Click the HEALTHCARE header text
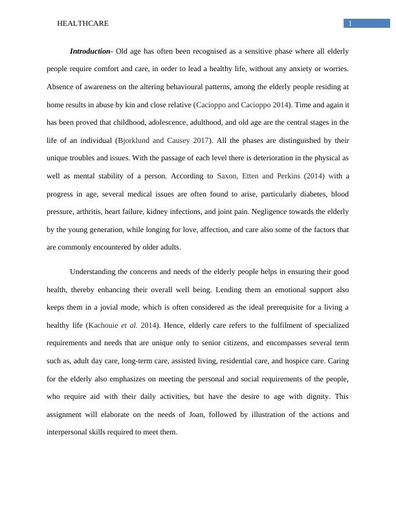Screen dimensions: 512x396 click(x=83, y=23)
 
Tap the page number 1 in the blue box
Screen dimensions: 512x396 click(x=350, y=24)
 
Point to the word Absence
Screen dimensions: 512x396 click(x=60, y=86)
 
